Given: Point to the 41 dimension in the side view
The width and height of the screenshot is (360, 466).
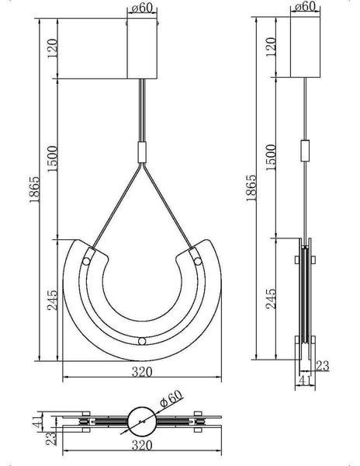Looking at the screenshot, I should click(x=306, y=381).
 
